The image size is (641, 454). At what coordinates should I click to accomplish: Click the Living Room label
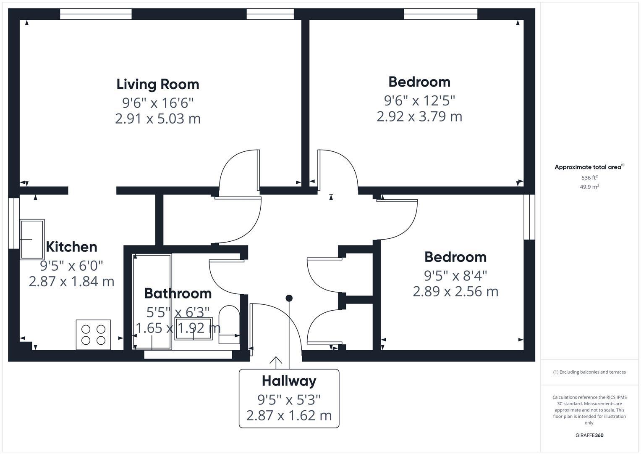click(158, 84)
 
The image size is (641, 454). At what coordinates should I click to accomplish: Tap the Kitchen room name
click(71, 247)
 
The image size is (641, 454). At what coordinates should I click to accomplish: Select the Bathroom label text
click(178, 293)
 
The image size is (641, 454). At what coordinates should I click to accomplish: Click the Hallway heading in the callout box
click(289, 381)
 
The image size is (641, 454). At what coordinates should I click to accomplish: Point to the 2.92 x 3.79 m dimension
click(419, 116)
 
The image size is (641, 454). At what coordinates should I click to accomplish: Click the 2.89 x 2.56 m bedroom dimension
click(455, 291)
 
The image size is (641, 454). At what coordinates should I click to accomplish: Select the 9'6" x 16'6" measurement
click(158, 102)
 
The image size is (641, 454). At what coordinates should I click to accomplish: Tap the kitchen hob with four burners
click(93, 335)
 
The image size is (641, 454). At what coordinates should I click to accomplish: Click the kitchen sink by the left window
click(32, 239)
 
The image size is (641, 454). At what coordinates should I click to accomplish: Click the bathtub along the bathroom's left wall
click(152, 301)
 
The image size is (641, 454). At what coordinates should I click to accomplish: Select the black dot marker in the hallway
click(289, 298)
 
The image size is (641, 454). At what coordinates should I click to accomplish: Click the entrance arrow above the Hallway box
click(276, 362)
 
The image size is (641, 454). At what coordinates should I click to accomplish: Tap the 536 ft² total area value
click(589, 178)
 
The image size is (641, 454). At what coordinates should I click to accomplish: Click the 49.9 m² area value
click(589, 187)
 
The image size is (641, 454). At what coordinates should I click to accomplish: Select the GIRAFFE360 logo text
click(589, 435)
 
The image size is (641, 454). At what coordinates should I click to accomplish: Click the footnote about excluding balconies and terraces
click(589, 372)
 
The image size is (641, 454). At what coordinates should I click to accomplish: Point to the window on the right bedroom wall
click(529, 217)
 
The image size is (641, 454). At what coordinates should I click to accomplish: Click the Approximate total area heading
click(589, 167)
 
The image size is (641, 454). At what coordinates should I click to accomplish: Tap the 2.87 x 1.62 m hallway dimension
click(289, 416)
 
